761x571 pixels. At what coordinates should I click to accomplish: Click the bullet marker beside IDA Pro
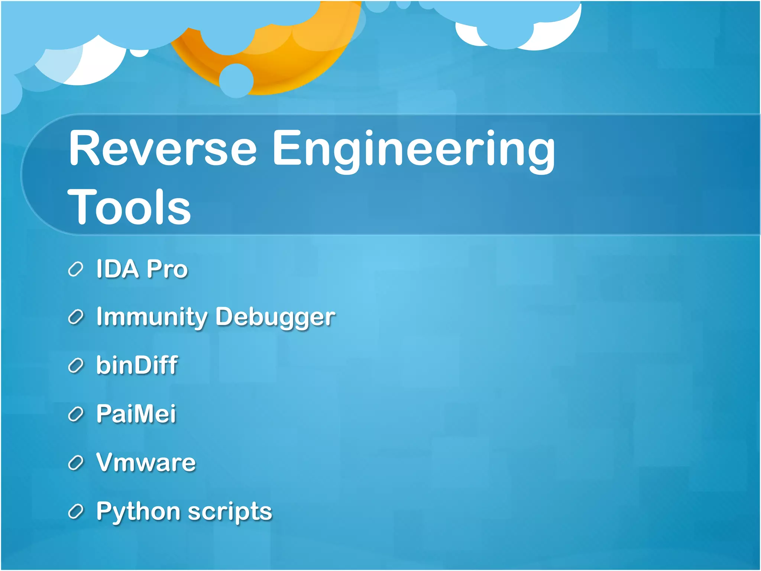tap(75, 270)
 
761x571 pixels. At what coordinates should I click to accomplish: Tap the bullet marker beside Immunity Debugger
tap(75, 317)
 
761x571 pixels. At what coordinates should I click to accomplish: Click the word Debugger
tap(275, 317)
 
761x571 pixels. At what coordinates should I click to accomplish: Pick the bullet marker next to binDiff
tap(75, 366)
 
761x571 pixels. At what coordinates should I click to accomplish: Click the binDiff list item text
tap(137, 365)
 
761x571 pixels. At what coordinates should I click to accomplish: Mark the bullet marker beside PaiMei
tap(75, 414)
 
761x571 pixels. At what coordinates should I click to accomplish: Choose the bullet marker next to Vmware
tap(75, 463)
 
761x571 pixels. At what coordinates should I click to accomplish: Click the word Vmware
tap(146, 462)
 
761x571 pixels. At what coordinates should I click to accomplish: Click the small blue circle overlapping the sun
tap(236, 80)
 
